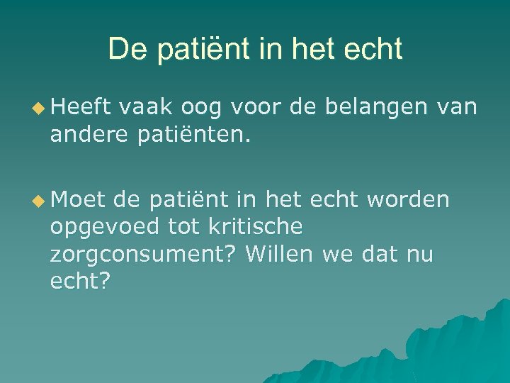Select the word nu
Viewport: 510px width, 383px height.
pos(419,253)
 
